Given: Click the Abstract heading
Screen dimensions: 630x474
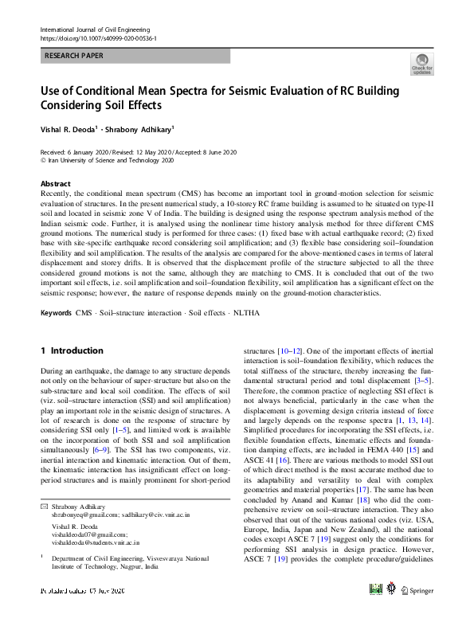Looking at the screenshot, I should click(55, 183).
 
